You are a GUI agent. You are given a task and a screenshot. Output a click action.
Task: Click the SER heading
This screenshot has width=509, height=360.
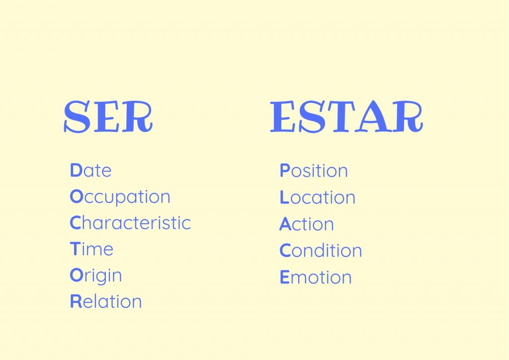[x=108, y=117]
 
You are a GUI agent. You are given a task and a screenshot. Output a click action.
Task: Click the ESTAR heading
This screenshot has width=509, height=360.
[x=346, y=117]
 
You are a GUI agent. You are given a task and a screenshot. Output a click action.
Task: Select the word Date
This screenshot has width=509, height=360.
[x=91, y=171]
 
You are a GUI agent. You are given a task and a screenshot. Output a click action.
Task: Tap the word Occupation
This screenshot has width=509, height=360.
[x=120, y=197]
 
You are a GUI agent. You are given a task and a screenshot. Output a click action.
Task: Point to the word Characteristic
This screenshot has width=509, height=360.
[x=130, y=223]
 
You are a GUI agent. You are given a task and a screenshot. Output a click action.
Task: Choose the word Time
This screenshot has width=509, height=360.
[x=92, y=249]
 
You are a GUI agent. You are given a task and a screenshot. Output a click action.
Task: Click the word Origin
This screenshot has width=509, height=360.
[x=96, y=276]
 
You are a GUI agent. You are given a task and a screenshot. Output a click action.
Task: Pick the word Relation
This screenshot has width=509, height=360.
[x=106, y=302]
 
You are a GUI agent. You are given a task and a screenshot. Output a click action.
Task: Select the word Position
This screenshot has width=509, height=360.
[x=314, y=171]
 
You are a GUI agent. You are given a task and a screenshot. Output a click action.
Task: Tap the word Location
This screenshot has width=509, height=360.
[x=318, y=197]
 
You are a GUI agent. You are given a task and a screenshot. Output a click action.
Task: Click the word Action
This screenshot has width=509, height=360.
[x=306, y=224]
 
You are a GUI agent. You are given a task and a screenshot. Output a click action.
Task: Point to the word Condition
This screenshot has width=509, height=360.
[x=321, y=251]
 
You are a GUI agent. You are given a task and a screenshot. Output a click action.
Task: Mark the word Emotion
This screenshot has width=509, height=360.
[x=316, y=277]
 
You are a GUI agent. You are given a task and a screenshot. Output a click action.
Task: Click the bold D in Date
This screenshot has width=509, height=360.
[x=76, y=171]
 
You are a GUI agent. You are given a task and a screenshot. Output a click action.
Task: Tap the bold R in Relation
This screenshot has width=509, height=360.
[x=76, y=302]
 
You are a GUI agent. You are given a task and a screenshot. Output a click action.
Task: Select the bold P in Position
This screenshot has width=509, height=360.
[x=285, y=171]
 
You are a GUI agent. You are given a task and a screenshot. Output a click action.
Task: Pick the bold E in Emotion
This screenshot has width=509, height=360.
[x=284, y=277]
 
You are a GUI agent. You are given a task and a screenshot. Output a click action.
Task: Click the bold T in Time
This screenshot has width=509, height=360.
[x=75, y=249]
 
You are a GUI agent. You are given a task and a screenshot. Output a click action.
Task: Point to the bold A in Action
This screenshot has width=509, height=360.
[x=285, y=224]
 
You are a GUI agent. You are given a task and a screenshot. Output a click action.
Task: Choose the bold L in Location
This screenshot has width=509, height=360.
[x=284, y=197]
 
